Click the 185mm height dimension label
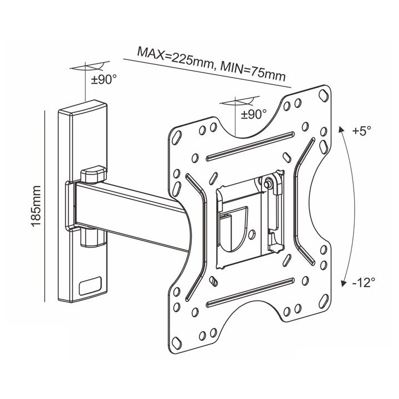[36, 206]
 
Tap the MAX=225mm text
[176, 59]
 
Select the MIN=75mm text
[253, 71]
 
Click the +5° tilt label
[361, 131]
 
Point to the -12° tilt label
[364, 283]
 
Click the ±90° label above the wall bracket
[104, 80]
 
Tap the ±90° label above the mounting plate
[254, 114]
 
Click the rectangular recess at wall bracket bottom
[90, 286]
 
